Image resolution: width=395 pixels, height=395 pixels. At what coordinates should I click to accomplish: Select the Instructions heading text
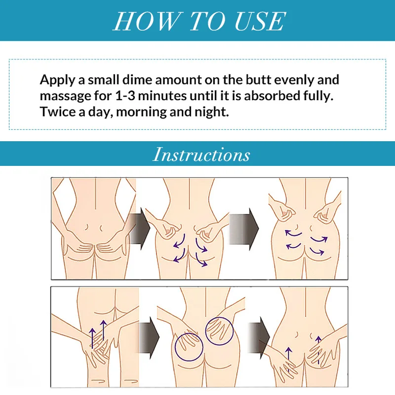(201, 155)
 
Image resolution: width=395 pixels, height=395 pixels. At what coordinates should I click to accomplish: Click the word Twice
(56, 111)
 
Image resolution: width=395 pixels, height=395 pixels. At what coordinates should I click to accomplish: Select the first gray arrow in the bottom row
(149, 338)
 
